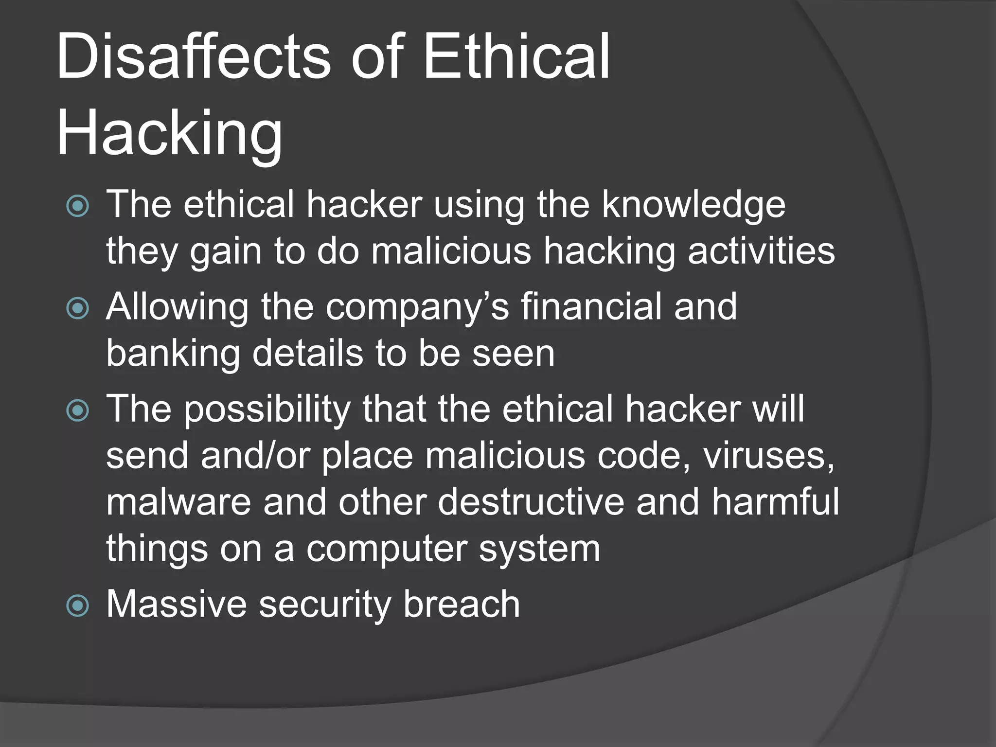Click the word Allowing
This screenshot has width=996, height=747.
[177, 307]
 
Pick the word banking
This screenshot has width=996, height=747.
[173, 354]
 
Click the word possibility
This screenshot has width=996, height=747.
[267, 409]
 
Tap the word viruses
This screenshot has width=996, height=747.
[768, 456]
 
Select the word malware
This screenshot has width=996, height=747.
[178, 502]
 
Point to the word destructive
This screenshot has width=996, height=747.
[531, 502]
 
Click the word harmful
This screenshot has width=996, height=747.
[776, 502]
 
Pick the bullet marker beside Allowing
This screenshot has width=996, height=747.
[78, 308]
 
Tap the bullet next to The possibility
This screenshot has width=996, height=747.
[78, 410]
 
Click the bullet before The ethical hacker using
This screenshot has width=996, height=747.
[78, 206]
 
